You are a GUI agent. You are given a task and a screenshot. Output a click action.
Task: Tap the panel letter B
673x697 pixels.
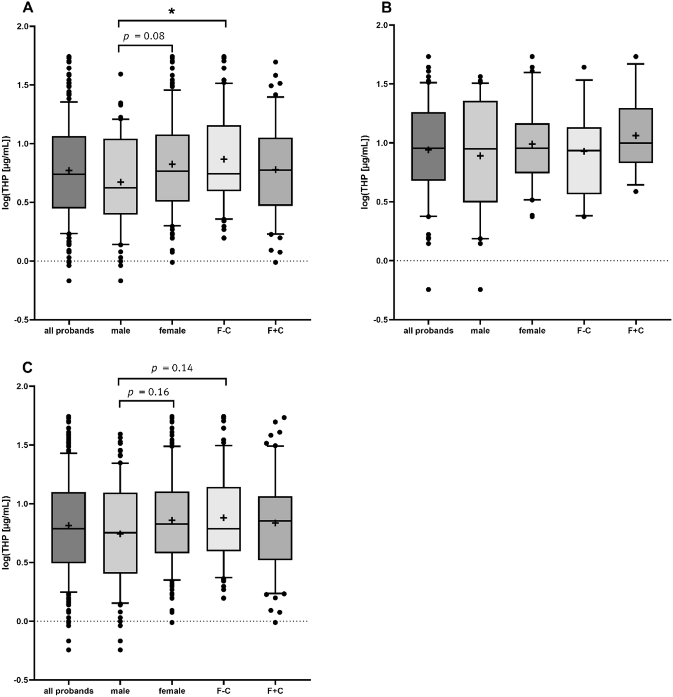(386, 8)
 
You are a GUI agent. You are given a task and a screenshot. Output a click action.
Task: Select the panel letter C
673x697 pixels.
(28, 368)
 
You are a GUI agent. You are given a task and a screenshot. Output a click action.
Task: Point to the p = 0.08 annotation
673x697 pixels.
(144, 36)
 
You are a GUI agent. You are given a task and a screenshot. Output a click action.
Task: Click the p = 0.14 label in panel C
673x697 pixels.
(172, 369)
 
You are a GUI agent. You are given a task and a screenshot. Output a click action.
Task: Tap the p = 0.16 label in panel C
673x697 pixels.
(149, 392)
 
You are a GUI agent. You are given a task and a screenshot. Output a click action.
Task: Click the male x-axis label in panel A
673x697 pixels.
(120, 331)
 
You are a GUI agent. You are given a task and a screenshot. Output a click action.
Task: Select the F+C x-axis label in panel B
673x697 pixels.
(635, 331)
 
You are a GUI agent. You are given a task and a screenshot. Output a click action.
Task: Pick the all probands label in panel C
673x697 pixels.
(69, 691)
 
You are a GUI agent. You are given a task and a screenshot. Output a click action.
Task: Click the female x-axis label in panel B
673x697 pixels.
(532, 331)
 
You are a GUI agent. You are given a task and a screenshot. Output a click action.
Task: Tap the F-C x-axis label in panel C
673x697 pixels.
(224, 691)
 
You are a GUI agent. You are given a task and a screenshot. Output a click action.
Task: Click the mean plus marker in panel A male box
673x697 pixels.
(121, 182)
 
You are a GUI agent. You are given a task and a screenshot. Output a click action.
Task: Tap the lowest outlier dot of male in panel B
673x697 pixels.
(480, 289)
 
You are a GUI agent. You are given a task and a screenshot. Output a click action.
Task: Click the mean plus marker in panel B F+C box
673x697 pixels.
(636, 136)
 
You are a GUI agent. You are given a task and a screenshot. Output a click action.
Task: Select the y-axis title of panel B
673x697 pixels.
(364, 171)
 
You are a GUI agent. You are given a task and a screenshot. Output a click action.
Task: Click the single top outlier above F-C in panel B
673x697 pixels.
(584, 67)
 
